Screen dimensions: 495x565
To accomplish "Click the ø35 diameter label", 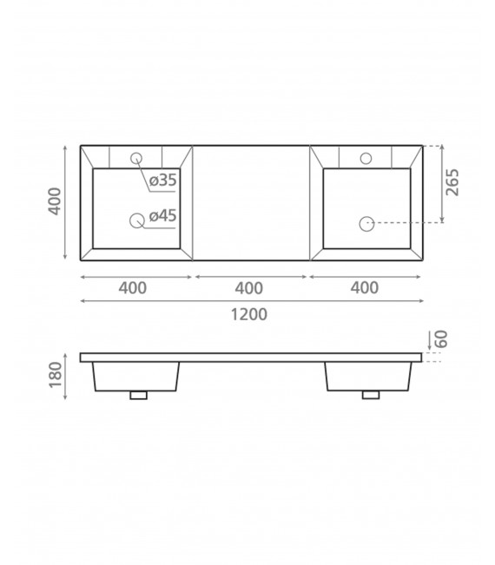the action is click(163, 180).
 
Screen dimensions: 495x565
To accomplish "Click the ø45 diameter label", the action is click(163, 215).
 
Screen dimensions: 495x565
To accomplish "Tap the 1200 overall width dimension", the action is click(248, 314).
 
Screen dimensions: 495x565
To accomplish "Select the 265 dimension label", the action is click(452, 182).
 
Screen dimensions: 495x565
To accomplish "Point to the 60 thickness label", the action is click(441, 339).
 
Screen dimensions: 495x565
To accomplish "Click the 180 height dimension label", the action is click(56, 375).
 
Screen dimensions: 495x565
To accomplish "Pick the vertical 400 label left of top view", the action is click(56, 201).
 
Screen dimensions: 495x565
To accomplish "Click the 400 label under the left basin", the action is click(133, 288).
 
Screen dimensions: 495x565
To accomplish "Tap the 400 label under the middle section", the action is click(248, 288).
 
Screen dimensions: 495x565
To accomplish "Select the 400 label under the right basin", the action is click(365, 288).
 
